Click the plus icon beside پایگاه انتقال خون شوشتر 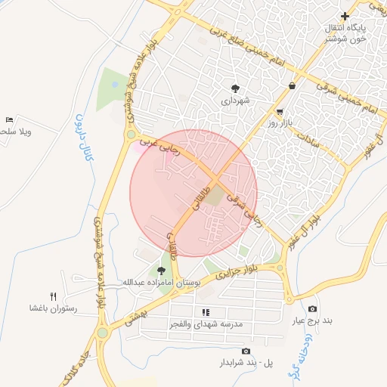[345, 16]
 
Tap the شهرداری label [234, 100]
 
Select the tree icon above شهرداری [235, 88]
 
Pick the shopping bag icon [292, 86]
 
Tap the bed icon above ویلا [9, 120]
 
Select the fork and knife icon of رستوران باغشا [52, 296]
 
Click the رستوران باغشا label [53, 308]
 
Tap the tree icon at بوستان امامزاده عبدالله [160, 270]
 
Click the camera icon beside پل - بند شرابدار [246, 351]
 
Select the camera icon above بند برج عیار [313, 308]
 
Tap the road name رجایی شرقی [248, 207]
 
